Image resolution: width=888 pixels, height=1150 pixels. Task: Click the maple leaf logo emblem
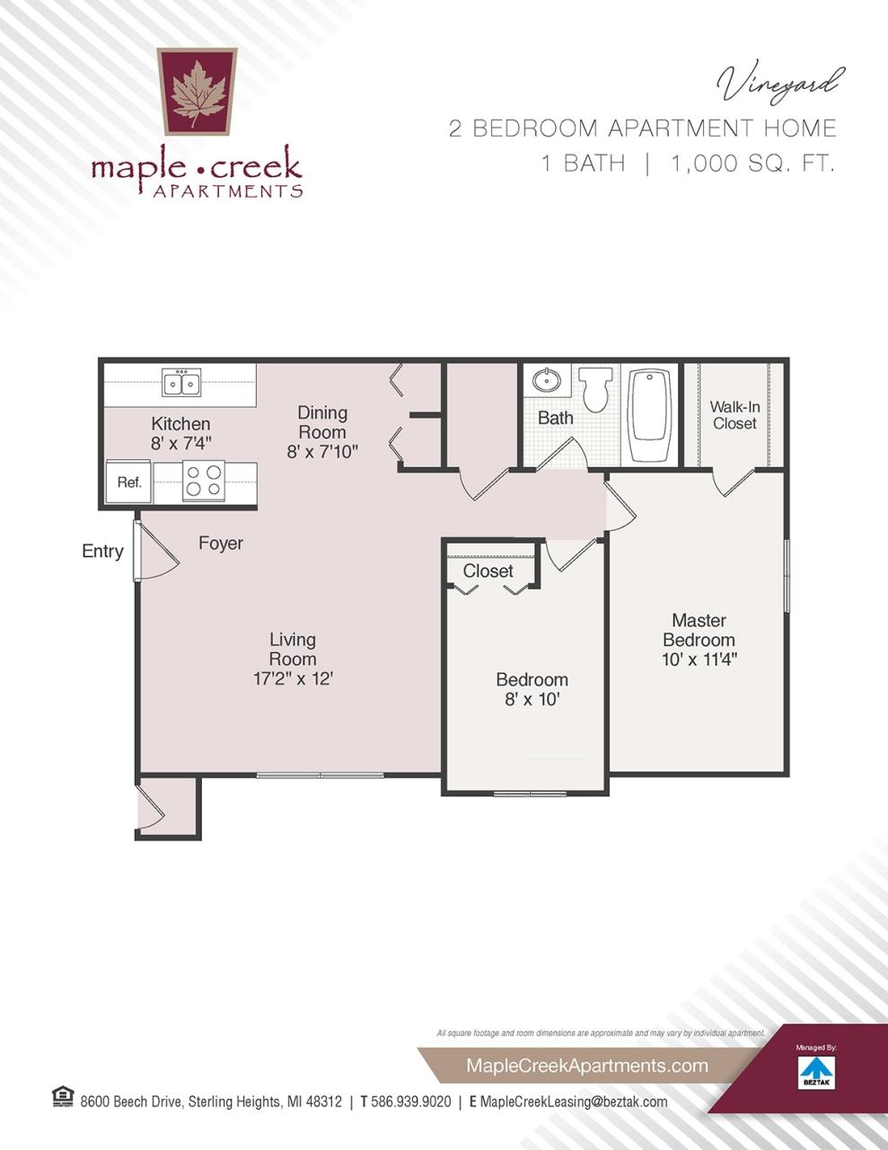pyautogui.click(x=198, y=91)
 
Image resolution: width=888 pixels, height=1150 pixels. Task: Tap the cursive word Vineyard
pyautogui.click(x=779, y=84)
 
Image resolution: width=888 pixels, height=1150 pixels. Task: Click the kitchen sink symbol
pyautogui.click(x=181, y=383)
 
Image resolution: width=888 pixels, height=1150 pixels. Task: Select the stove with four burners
pyautogui.click(x=204, y=481)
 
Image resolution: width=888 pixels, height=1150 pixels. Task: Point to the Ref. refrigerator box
pyautogui.click(x=129, y=482)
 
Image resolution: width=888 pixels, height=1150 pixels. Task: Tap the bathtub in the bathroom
pyautogui.click(x=651, y=414)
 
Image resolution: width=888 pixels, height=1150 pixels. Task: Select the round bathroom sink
pyautogui.click(x=545, y=381)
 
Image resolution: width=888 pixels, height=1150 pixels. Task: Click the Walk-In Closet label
pyautogui.click(x=734, y=415)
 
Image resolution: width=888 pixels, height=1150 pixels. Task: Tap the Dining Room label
pyautogui.click(x=322, y=422)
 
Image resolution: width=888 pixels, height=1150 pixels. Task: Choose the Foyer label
pyautogui.click(x=220, y=544)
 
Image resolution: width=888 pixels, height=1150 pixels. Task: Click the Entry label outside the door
pyautogui.click(x=102, y=551)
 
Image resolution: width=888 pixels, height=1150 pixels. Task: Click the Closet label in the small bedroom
pyautogui.click(x=488, y=571)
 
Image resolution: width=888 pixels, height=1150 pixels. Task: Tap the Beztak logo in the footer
pyautogui.click(x=816, y=1072)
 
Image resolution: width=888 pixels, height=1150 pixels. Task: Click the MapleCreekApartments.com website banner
pyautogui.click(x=587, y=1066)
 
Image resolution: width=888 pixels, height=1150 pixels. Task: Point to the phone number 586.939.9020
pyautogui.click(x=410, y=1101)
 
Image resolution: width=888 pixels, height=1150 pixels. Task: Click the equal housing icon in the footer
pyautogui.click(x=63, y=1097)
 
